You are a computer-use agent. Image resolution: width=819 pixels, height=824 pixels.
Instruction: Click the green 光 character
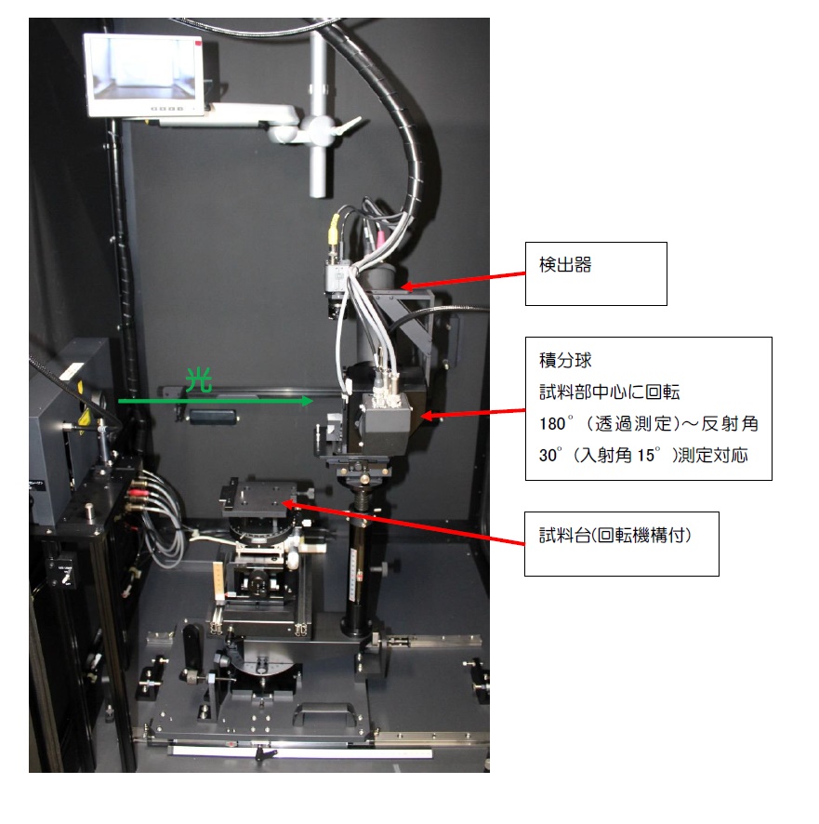tap(199, 380)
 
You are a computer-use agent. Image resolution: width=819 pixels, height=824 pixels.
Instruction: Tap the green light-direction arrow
tap(216, 401)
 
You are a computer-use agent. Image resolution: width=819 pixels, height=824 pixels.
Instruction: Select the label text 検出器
tap(565, 264)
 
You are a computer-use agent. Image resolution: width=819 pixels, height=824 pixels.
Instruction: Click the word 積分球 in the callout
tap(565, 361)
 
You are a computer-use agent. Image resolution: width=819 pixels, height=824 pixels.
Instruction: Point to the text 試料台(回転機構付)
tap(615, 535)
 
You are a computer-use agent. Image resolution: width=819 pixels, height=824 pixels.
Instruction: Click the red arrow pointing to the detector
tap(463, 280)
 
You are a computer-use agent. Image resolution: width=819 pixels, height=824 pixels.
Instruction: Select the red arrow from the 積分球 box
tap(473, 413)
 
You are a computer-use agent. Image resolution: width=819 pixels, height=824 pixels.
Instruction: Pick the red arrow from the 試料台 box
tap(403, 524)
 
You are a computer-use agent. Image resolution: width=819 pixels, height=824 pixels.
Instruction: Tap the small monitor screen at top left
tap(143, 70)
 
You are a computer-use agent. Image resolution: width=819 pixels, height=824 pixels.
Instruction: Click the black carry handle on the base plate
tap(325, 713)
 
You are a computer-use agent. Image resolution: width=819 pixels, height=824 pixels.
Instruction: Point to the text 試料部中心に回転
tap(610, 392)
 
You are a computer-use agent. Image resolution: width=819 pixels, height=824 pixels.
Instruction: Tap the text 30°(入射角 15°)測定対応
tap(643, 455)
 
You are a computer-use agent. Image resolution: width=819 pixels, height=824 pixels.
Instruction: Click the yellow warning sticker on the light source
tap(82, 418)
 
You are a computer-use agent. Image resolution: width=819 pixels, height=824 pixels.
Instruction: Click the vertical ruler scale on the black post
tap(354, 574)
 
